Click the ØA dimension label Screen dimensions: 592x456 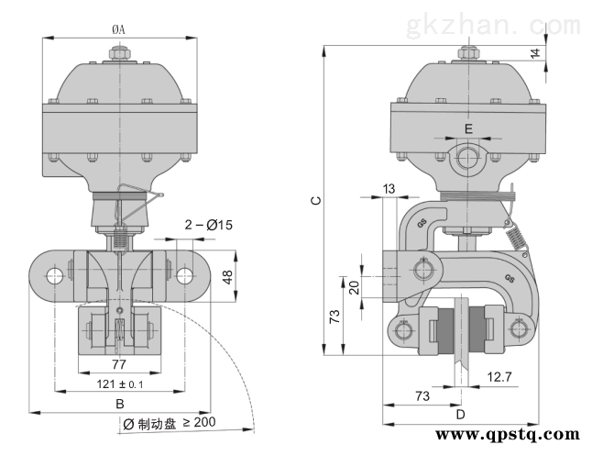118,30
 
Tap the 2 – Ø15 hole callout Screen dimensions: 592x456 208,225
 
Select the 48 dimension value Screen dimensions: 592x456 227,277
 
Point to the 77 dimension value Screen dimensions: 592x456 119,364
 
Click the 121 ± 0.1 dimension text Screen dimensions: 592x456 120,384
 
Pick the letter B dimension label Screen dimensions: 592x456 120,404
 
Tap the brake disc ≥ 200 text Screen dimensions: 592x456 170,423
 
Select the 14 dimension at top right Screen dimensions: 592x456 535,53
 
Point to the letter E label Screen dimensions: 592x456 468,129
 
